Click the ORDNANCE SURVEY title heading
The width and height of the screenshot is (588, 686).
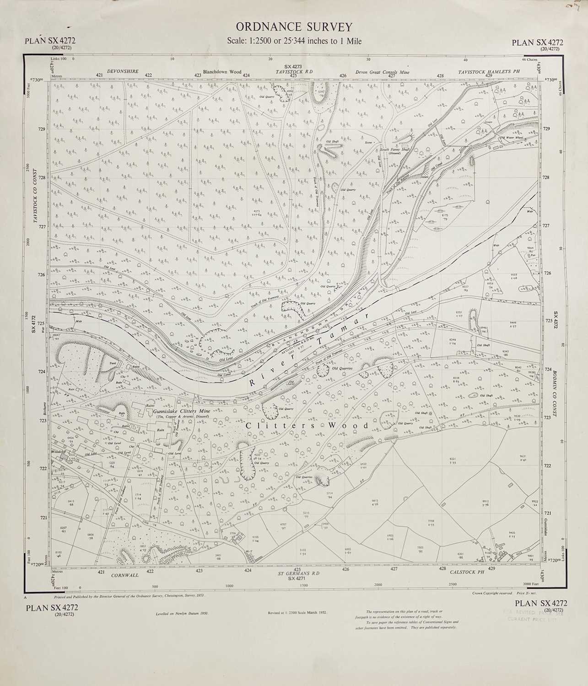tap(294, 27)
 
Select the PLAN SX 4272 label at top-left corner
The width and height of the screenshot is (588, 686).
tap(50, 42)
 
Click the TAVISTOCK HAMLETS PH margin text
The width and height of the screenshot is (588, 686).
tap(489, 72)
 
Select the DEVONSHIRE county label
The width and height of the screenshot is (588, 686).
tap(123, 72)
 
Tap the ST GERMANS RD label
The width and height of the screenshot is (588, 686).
tap(298, 573)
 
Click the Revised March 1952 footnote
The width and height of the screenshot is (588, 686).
tap(297, 612)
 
